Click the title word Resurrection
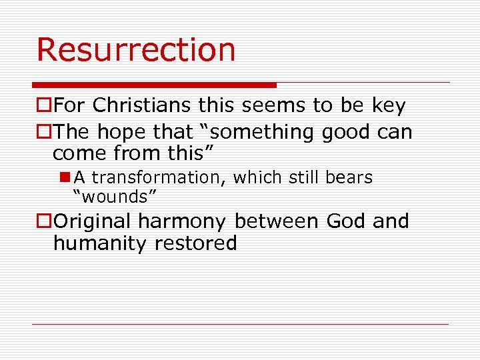tap(136, 50)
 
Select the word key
tap(389, 105)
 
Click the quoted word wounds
tap(115, 196)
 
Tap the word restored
tap(195, 243)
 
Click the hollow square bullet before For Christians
tap(44, 106)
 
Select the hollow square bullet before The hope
tap(44, 133)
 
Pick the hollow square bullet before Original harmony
tap(44, 221)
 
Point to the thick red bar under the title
tap(154, 85)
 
